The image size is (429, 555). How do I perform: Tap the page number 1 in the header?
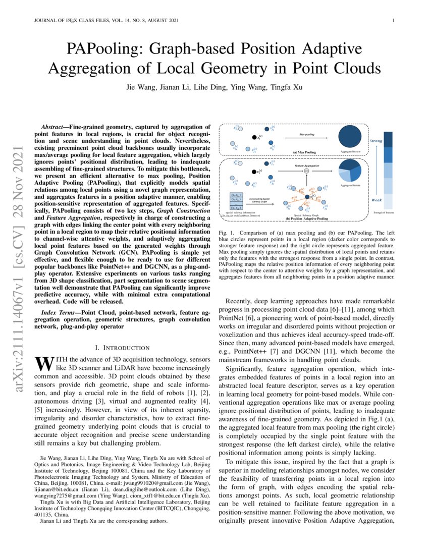click(393, 21)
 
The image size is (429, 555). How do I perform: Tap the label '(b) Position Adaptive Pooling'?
click(307, 218)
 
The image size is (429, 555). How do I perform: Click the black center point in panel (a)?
click(254, 137)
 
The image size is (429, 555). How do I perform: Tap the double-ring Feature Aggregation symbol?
click(306, 172)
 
